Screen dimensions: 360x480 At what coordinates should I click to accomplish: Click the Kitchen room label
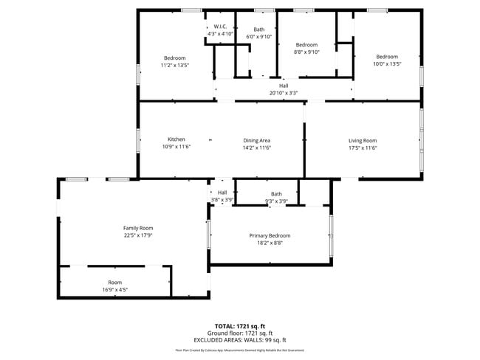tap(176, 139)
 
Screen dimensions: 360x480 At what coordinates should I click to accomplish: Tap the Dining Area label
tap(257, 139)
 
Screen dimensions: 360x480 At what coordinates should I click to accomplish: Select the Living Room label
tap(363, 140)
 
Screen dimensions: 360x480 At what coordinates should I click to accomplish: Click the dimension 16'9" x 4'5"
tap(115, 290)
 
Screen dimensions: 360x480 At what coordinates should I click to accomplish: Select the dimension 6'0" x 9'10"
tap(259, 36)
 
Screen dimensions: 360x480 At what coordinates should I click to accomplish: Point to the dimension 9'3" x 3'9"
tap(275, 201)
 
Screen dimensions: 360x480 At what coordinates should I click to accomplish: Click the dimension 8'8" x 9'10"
tap(306, 52)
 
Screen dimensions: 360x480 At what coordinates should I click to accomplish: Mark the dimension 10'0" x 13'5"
tap(387, 64)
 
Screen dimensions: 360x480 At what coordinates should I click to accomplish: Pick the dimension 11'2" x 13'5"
tap(175, 65)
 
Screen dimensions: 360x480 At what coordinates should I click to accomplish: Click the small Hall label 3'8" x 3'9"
tap(222, 195)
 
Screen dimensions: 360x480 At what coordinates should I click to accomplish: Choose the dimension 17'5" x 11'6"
tap(363, 148)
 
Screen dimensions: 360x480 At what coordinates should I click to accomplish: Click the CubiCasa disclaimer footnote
tap(239, 350)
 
